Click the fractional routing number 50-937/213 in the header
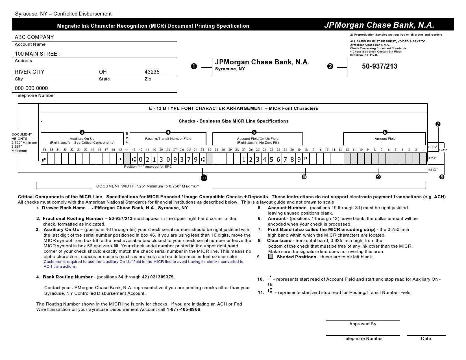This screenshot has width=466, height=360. (x=380, y=66)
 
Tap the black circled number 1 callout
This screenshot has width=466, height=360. (x=194, y=67)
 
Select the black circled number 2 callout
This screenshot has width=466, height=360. (x=330, y=67)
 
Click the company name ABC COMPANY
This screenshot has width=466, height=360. (x=34, y=37)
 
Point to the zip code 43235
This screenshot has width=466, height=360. (x=152, y=72)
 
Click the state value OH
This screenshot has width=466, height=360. (x=103, y=72)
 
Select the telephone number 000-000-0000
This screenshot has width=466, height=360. (x=31, y=88)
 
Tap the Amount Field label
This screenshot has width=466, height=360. (x=385, y=139)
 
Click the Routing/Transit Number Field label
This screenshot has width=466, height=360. (x=168, y=139)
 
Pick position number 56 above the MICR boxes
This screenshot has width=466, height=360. (x=44, y=150)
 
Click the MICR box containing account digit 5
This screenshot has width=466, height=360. (x=271, y=160)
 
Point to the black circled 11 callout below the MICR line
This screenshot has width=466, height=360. (x=204, y=178)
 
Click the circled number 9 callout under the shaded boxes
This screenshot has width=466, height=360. (x=378, y=177)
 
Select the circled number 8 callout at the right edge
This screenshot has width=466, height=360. (x=442, y=177)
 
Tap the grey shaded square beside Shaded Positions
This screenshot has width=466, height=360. (x=271, y=257)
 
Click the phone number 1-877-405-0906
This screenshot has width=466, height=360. (x=183, y=309)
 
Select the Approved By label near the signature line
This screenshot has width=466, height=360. (x=363, y=324)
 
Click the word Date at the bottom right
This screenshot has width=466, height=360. (x=426, y=339)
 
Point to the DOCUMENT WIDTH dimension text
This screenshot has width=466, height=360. (x=148, y=186)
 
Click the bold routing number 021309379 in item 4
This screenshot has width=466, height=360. (x=162, y=277)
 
